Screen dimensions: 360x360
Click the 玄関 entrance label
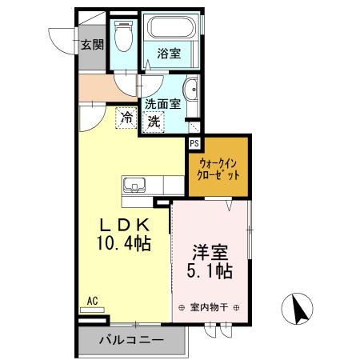91,44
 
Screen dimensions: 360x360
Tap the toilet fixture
122,37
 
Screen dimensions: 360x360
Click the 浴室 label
168,54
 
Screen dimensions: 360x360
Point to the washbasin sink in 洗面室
192,89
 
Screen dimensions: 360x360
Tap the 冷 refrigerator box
127,118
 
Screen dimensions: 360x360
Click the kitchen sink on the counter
136,187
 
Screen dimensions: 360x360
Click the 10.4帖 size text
124,241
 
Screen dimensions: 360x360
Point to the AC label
92,301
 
